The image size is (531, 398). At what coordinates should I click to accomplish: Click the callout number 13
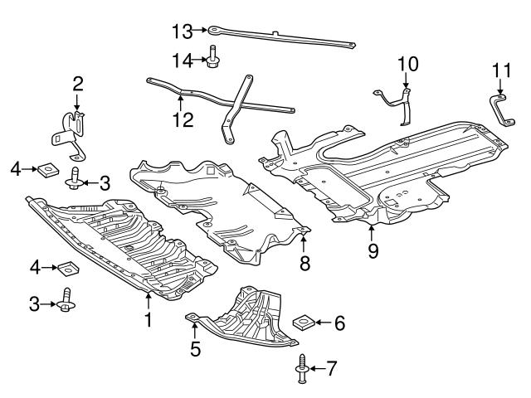[x=182, y=32]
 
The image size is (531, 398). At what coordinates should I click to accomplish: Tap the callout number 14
[x=182, y=59]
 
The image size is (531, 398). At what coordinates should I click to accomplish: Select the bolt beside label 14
[x=213, y=58]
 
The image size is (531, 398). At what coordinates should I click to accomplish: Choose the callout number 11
[x=499, y=72]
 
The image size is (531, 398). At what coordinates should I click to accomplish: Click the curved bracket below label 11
[x=499, y=111]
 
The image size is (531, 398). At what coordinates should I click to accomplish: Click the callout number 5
[x=194, y=349]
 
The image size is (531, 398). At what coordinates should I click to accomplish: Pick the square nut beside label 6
[x=305, y=322]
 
